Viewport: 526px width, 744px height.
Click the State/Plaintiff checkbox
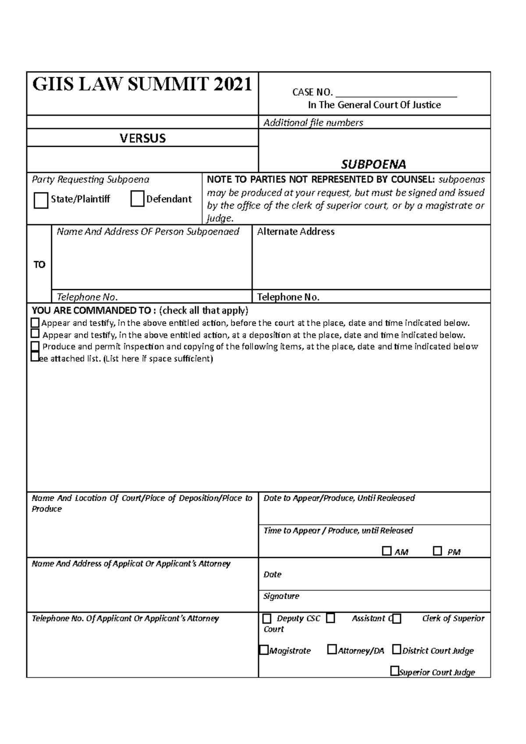click(41, 200)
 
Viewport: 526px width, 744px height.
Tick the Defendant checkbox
click(137, 199)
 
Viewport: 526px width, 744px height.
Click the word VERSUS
click(142, 138)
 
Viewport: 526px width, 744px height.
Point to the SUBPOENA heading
click(373, 164)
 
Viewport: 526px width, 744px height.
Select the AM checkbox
click(386, 551)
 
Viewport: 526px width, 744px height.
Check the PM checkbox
click(437, 551)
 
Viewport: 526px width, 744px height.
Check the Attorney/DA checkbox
click(332, 649)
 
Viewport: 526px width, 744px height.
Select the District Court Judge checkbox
click(396, 649)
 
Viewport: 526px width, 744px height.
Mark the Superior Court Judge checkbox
click(394, 671)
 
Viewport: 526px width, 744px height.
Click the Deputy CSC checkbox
click(267, 619)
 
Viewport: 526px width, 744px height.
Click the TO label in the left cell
click(39, 265)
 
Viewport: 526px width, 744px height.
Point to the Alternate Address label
click(295, 232)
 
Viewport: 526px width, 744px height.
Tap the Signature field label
click(281, 596)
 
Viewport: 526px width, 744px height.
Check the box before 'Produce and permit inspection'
click(35, 346)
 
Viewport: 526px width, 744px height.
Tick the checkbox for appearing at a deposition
click(35, 334)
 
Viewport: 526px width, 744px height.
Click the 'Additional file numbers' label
click(313, 123)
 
